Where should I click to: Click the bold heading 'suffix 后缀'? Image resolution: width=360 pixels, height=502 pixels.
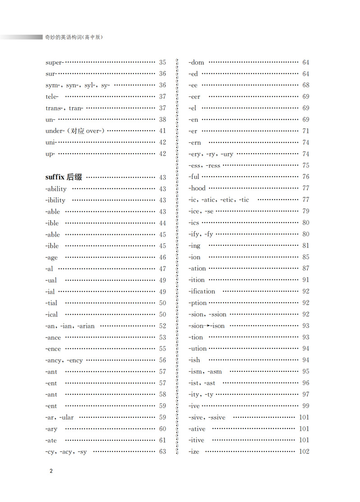(64, 177)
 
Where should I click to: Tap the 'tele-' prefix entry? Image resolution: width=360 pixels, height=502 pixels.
(52, 96)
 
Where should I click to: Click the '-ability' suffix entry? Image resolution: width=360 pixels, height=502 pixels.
(56, 189)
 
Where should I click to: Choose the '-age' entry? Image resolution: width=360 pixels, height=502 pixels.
(51, 257)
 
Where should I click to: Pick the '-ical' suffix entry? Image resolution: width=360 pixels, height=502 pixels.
(52, 315)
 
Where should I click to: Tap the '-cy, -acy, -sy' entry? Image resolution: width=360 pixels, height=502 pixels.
(66, 452)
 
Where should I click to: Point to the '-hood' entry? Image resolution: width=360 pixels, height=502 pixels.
(197, 188)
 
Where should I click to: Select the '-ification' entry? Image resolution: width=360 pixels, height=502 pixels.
(202, 291)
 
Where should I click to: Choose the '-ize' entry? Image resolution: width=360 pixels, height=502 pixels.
(195, 452)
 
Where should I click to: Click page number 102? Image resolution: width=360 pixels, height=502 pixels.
(304, 452)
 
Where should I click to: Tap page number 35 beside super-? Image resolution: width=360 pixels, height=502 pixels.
(163, 62)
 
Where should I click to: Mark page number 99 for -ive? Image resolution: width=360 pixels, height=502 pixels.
(306, 406)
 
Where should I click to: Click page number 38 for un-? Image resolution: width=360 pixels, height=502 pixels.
(163, 119)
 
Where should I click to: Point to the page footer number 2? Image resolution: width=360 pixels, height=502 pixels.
(51, 471)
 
